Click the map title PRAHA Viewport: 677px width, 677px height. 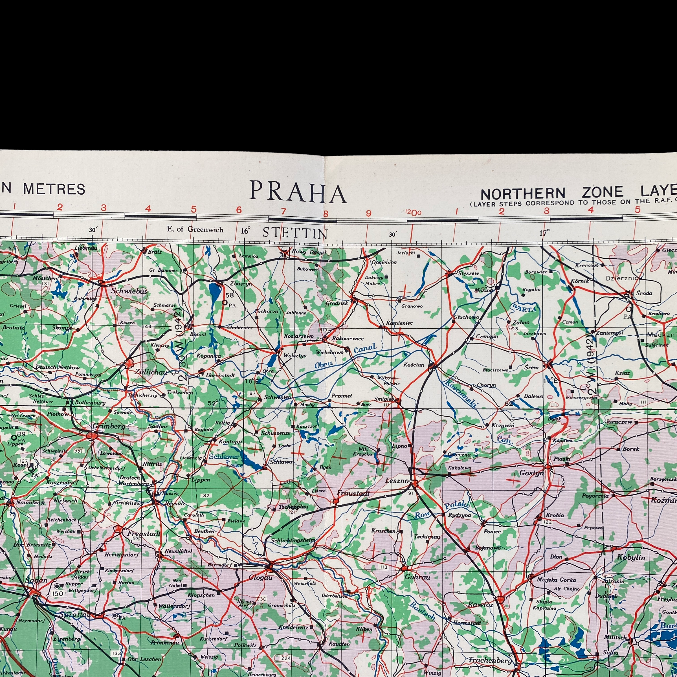[298, 193]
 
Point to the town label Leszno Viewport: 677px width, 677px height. [397, 481]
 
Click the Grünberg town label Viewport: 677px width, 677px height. [104, 427]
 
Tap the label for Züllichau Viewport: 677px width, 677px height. [151, 372]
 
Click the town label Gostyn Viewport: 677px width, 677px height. [531, 473]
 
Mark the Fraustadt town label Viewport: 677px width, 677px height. [353, 493]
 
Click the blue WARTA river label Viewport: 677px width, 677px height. [524, 308]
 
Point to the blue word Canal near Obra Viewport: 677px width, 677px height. [365, 349]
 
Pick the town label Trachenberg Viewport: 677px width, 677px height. [490, 660]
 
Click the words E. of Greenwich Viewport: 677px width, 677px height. [195, 230]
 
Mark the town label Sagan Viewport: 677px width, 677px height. [36, 580]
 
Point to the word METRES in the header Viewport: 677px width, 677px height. [54, 189]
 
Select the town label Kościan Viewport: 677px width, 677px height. [414, 365]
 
